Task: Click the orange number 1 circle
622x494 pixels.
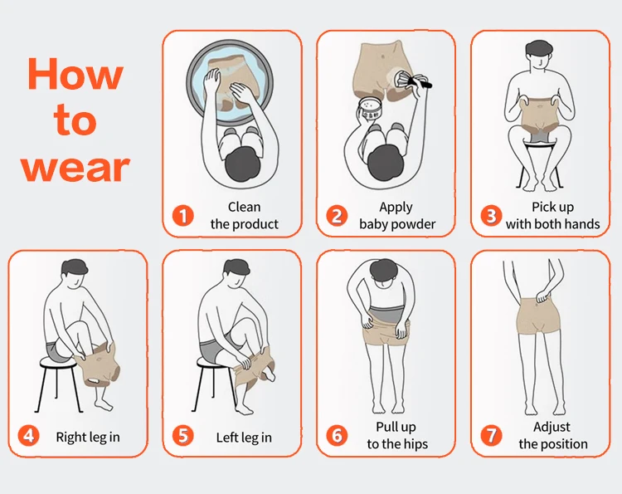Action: click(183, 216)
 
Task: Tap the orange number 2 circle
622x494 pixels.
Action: click(337, 216)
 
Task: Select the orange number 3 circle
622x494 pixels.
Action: click(491, 216)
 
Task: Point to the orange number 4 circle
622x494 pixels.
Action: click(28, 436)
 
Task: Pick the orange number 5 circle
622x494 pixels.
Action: click(183, 436)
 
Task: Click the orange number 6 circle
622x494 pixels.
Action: click(337, 436)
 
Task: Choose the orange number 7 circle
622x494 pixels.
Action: click(491, 436)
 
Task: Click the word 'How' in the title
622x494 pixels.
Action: click(75, 74)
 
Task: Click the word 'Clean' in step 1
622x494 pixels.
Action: click(245, 207)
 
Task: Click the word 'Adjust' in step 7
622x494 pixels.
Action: click(552, 428)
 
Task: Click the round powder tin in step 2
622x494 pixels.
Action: click(370, 109)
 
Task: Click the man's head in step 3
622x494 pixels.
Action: click(539, 55)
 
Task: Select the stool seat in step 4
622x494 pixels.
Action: click(58, 361)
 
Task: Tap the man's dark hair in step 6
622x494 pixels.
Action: click(384, 271)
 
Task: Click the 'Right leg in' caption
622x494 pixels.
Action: click(88, 438)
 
